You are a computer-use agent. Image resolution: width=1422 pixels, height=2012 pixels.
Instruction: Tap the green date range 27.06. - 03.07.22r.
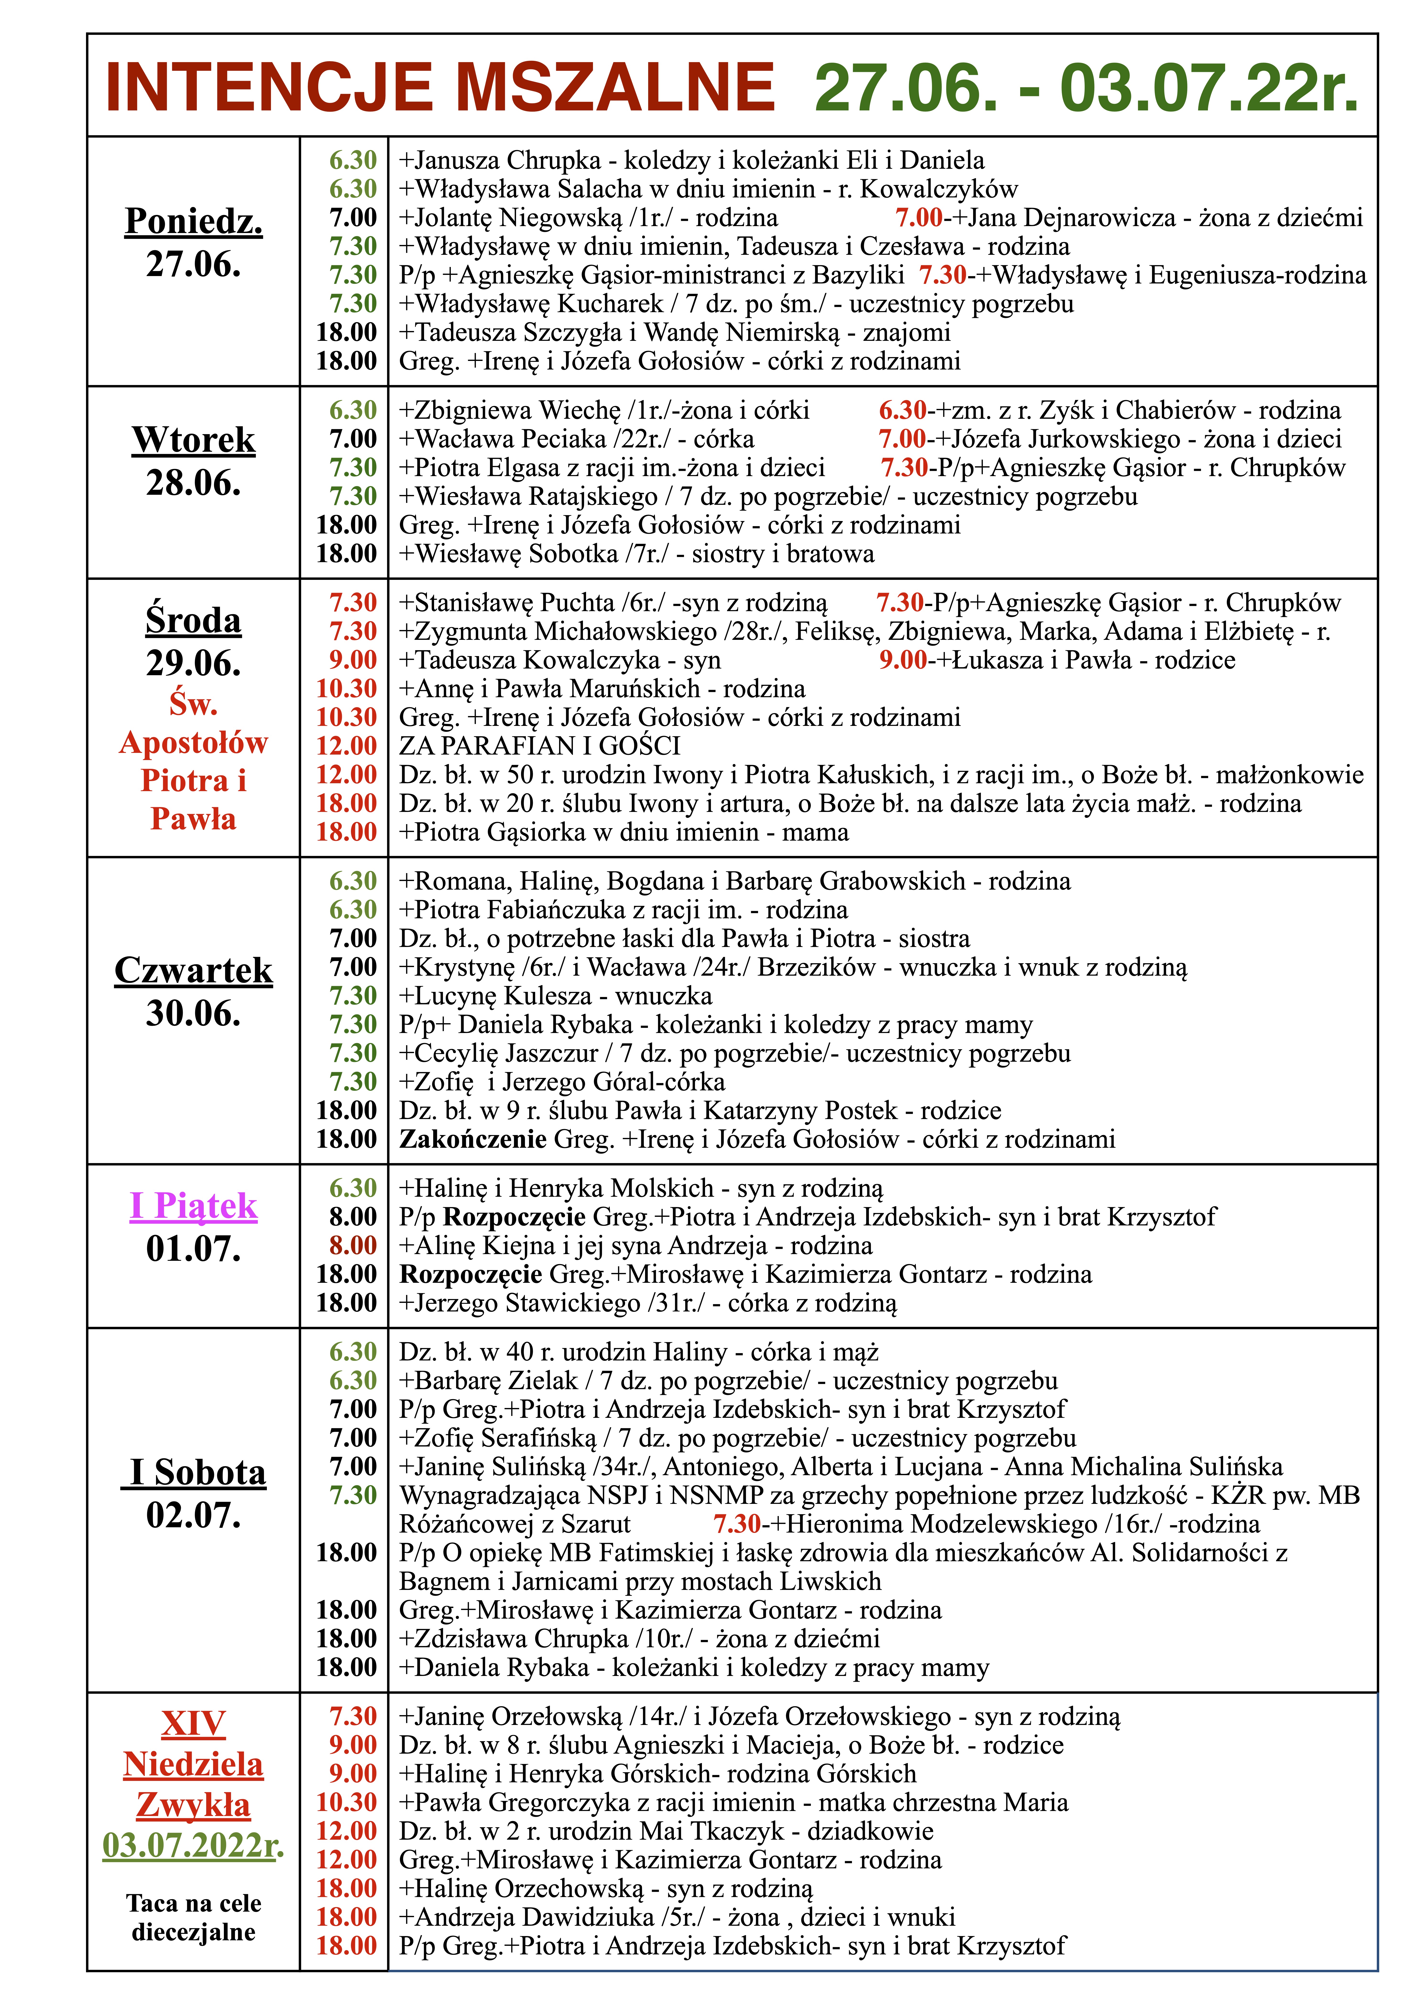[x=1086, y=88]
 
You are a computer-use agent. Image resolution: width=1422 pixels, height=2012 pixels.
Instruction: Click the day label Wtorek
[x=194, y=440]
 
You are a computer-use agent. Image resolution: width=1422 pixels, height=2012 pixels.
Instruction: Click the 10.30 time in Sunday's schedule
[x=347, y=1803]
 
